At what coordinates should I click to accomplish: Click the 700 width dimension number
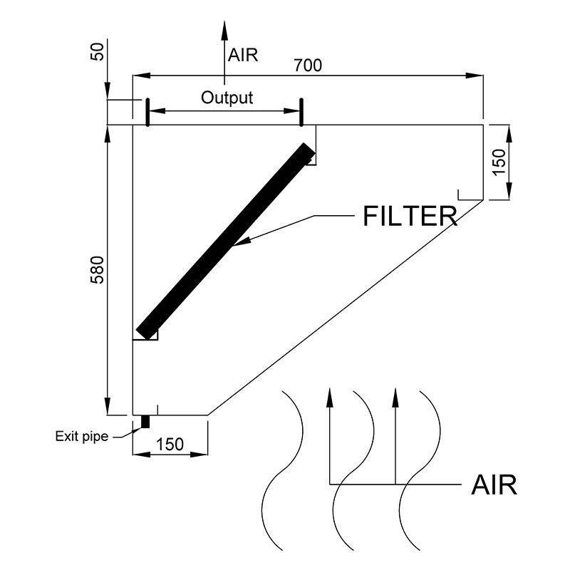click(x=308, y=66)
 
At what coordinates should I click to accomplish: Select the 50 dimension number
click(x=98, y=51)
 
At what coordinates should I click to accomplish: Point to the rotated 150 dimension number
click(x=499, y=162)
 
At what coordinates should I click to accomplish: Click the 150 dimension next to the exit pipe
click(x=170, y=444)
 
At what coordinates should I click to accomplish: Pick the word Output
click(x=227, y=98)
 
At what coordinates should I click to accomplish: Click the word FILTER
click(x=410, y=217)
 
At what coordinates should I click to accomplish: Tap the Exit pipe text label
click(x=82, y=436)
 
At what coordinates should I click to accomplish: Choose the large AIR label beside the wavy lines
click(x=494, y=485)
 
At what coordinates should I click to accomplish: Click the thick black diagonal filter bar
click(x=225, y=242)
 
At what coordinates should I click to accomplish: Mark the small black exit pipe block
click(x=145, y=422)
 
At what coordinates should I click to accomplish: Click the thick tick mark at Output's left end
click(x=146, y=112)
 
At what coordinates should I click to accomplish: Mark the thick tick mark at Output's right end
click(x=301, y=112)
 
